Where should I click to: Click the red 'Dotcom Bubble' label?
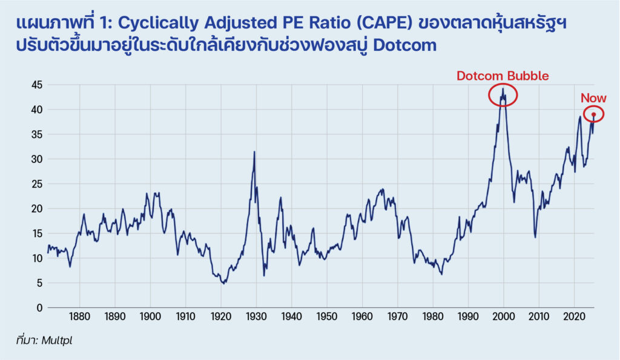[503, 76]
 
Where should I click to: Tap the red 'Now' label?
[593, 98]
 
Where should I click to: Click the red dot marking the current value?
[593, 114]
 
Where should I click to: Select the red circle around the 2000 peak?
[503, 94]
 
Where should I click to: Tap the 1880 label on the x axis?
[80, 317]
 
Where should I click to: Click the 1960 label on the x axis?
[362, 317]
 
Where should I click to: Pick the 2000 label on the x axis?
[503, 317]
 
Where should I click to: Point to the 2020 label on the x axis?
[573, 317]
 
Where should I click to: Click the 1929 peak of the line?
[254, 152]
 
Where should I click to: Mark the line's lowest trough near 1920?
[224, 283]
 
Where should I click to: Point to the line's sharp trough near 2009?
[535, 237]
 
